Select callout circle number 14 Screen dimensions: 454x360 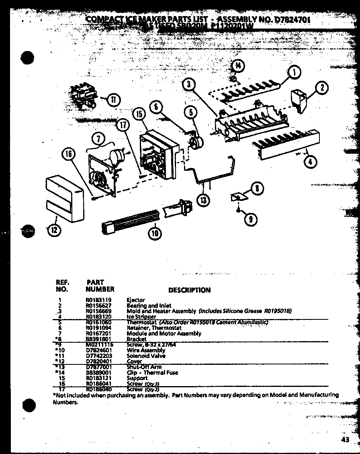pos(238,66)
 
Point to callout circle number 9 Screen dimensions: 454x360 pos(250,219)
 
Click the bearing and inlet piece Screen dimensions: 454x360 pos(298,98)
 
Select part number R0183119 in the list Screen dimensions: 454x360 pos(98,300)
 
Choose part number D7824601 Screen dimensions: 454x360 pos(98,350)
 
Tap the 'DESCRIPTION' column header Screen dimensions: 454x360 pos(189,290)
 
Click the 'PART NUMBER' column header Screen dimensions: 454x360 pos(100,286)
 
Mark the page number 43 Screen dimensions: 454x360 pos(345,440)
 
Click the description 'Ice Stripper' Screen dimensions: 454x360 pos(141,317)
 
